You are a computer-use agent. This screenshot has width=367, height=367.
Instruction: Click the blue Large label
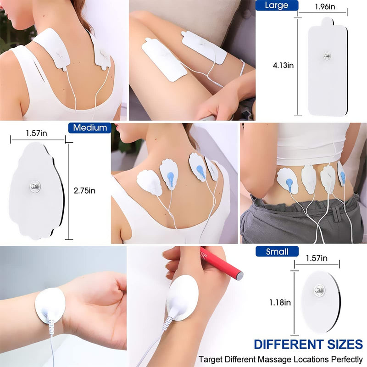pos(277,6)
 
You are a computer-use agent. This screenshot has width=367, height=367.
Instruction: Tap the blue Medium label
pos(90,128)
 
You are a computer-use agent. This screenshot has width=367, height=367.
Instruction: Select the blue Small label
pos(277,251)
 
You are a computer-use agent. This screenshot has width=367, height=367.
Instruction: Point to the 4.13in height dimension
pos(283,65)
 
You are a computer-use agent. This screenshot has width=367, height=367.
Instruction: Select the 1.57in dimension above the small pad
pos(317,259)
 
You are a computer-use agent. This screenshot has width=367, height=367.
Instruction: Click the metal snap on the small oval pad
pos(320,290)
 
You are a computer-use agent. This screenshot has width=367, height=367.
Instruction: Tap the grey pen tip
pos(239,276)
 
